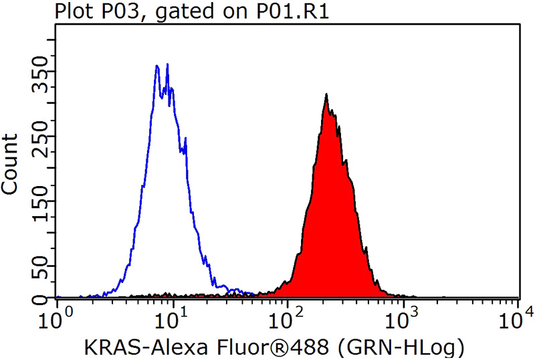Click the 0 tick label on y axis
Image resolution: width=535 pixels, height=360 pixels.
(39, 297)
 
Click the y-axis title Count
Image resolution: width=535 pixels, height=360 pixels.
(11, 164)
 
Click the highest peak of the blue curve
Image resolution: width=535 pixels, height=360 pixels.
(167, 64)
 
